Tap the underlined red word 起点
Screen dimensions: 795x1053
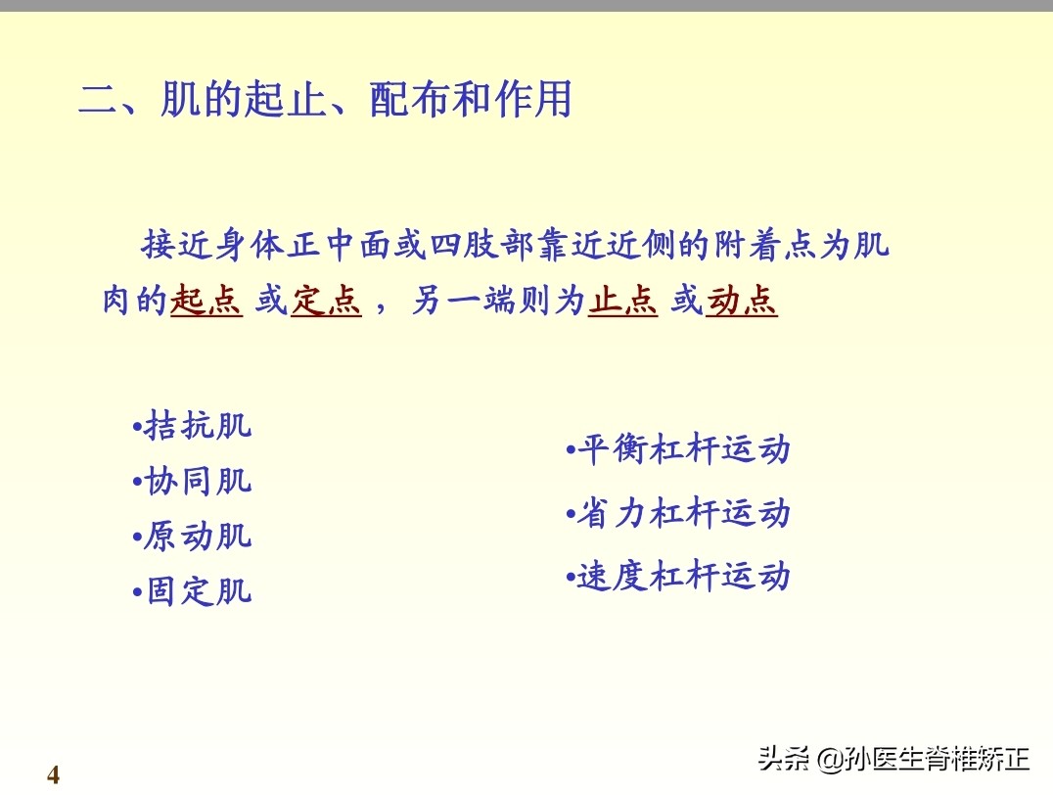coord(206,302)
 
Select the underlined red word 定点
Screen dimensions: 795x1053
coord(326,302)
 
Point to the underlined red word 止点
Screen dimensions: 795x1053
coord(622,302)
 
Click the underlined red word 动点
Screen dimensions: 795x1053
coord(742,302)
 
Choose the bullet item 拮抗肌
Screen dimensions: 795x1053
coord(197,427)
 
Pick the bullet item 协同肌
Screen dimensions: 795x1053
coord(197,482)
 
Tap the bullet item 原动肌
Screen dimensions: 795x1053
coord(197,537)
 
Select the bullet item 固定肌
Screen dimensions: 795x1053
coord(197,591)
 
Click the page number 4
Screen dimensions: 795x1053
coord(53,775)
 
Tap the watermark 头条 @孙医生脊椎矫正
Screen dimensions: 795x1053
coord(893,758)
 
